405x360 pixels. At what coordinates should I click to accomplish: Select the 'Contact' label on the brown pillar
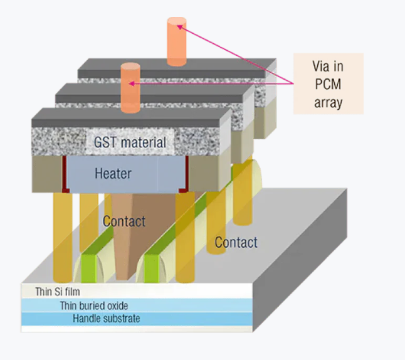[124, 221]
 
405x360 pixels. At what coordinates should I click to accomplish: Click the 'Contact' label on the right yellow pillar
[236, 242]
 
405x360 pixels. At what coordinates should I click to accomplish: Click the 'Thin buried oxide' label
[94, 305]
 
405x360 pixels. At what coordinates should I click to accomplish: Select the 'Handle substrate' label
[106, 319]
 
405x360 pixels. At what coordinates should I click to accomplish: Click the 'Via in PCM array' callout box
[329, 84]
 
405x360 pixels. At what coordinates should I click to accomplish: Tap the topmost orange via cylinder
[176, 41]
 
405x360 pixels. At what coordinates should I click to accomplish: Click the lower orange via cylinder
[130, 88]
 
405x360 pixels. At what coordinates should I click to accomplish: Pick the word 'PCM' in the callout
[329, 84]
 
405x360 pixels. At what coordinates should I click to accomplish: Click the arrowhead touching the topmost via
[181, 26]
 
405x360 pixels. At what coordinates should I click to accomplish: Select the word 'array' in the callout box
[329, 102]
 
